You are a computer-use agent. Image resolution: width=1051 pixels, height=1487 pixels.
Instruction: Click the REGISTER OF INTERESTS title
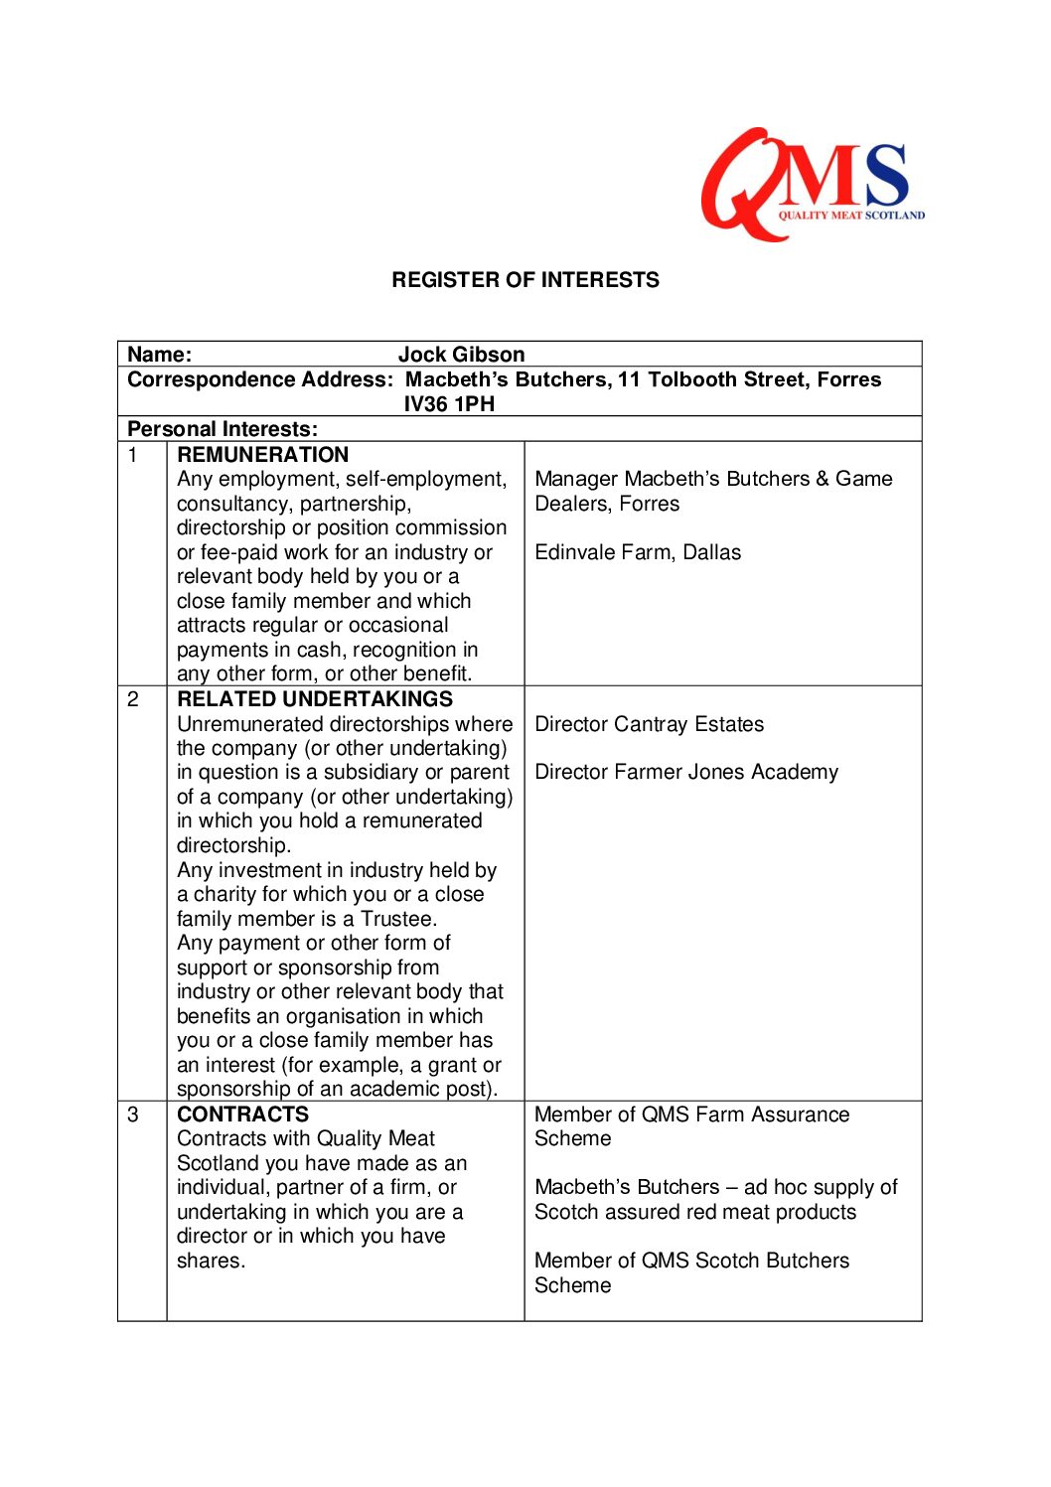coord(525,280)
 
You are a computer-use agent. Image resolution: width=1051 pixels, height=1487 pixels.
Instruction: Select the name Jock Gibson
coord(461,355)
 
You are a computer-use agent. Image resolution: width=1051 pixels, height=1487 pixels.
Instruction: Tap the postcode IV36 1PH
coord(449,404)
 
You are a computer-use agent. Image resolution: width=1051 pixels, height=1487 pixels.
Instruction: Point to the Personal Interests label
coord(223,429)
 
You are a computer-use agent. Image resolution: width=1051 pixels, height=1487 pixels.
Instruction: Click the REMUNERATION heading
coord(262,455)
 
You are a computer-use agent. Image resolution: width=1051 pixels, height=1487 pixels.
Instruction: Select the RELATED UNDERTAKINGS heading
coord(314,699)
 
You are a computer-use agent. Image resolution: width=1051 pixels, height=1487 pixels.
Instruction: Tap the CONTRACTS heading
coord(242,1115)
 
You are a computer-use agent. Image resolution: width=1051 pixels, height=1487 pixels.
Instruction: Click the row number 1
coord(132,455)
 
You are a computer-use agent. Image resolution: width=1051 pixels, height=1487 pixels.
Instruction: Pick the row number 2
coord(132,699)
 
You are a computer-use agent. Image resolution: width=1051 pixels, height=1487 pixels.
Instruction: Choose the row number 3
coord(132,1115)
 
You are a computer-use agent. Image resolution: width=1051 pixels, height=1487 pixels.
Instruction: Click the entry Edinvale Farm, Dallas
coord(638,552)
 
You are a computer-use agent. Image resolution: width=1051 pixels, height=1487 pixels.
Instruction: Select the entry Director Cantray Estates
coord(649,724)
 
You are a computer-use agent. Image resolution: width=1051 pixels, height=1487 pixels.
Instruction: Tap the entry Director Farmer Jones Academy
coord(685,773)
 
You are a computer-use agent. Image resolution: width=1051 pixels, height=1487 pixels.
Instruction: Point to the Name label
coord(159,355)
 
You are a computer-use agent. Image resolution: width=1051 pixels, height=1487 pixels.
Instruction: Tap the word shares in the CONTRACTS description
coord(210,1261)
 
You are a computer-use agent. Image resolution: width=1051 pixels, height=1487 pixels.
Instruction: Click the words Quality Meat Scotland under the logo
coord(851,216)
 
